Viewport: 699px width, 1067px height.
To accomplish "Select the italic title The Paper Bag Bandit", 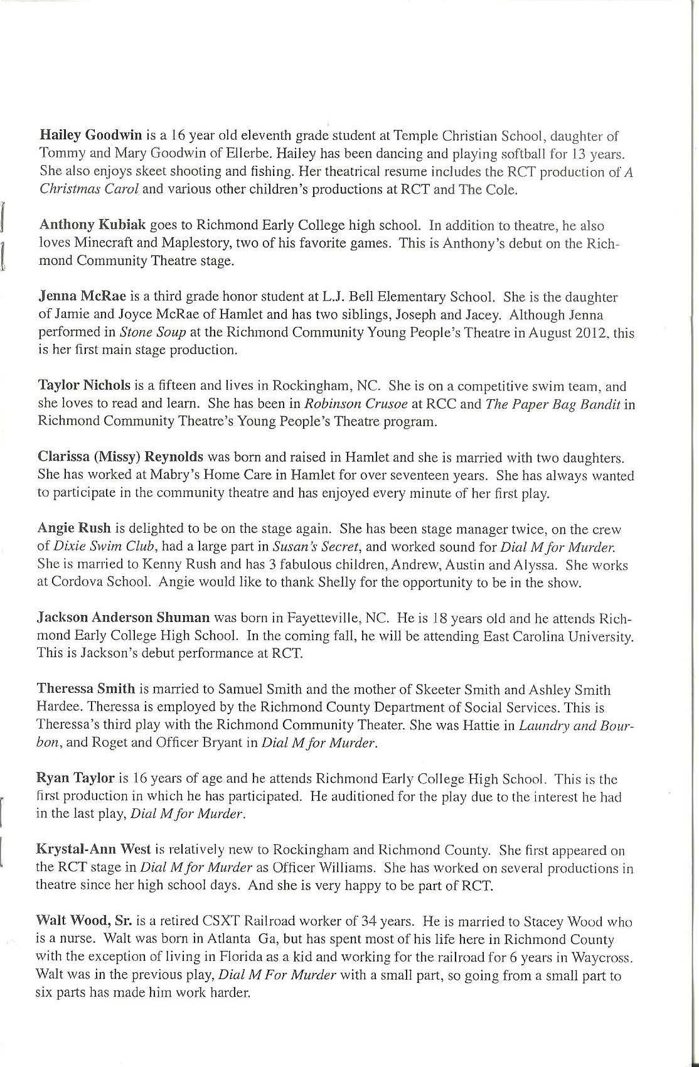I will pos(553,404).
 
